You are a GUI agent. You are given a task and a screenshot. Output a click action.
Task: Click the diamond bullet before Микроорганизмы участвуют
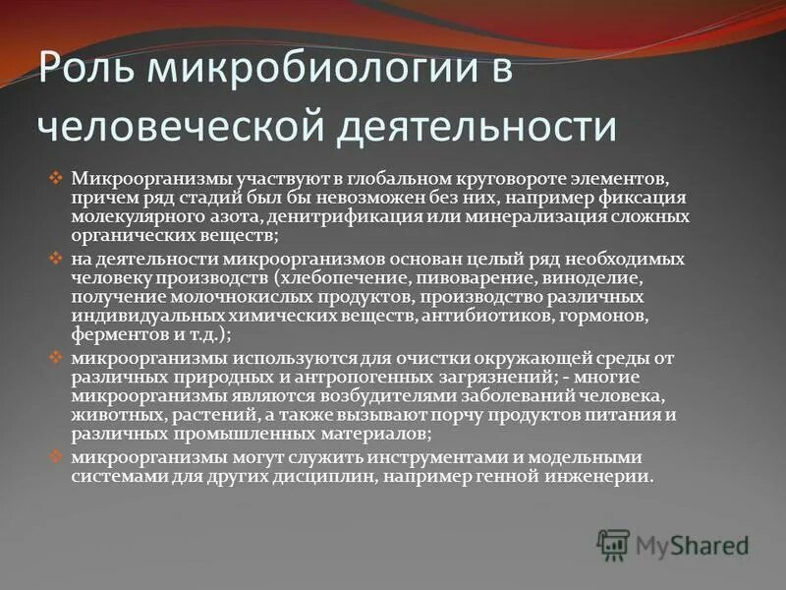56,178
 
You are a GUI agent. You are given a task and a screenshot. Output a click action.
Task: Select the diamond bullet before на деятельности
56,258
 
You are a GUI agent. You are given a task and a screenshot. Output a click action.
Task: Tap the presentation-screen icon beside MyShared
613,544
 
